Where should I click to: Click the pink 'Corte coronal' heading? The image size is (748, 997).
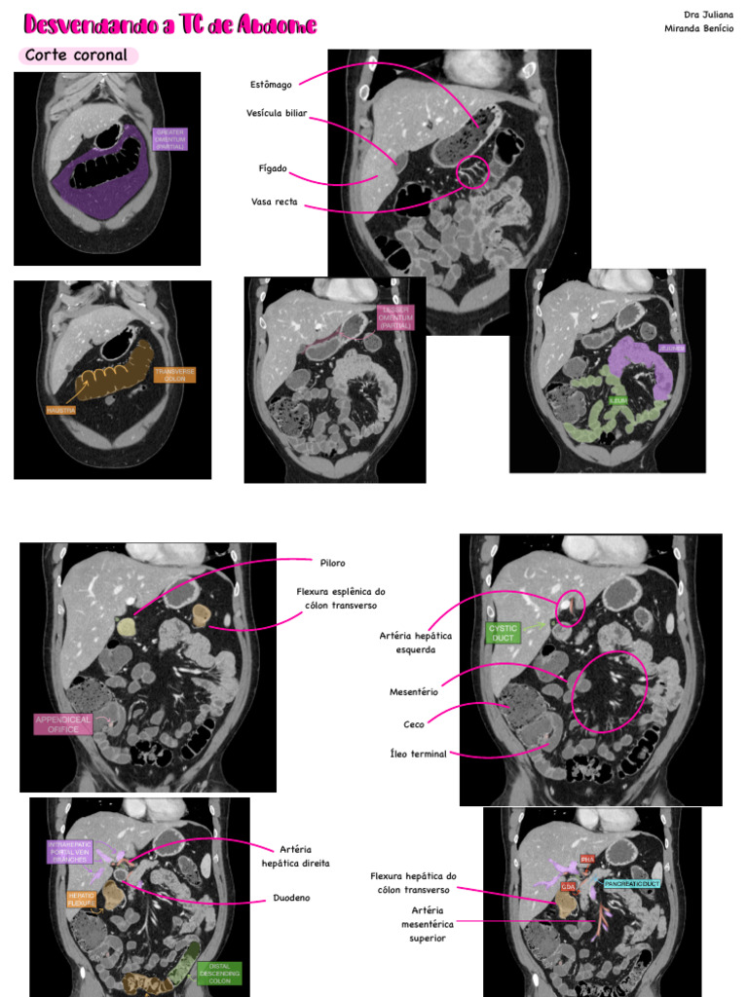click(77, 55)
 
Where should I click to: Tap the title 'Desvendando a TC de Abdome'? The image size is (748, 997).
click(169, 24)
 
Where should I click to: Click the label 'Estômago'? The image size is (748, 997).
click(270, 85)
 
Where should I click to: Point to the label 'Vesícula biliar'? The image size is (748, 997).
click(277, 114)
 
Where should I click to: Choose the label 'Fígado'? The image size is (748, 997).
click(273, 168)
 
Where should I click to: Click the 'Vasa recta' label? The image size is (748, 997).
click(274, 203)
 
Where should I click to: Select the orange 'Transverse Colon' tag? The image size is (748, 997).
click(175, 375)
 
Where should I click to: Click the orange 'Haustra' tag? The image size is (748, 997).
click(60, 410)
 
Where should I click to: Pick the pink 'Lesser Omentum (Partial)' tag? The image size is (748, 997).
click(396, 316)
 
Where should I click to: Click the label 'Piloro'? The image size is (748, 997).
click(332, 563)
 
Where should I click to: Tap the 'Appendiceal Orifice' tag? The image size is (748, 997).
click(63, 723)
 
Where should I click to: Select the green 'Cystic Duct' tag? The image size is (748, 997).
click(504, 633)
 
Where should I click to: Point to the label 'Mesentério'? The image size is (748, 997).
click(414, 692)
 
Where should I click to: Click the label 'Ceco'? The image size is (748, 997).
click(414, 724)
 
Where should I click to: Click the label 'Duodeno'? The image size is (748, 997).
click(291, 898)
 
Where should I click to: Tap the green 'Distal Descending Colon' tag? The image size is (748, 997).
click(219, 973)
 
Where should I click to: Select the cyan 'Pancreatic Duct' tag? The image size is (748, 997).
click(632, 883)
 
